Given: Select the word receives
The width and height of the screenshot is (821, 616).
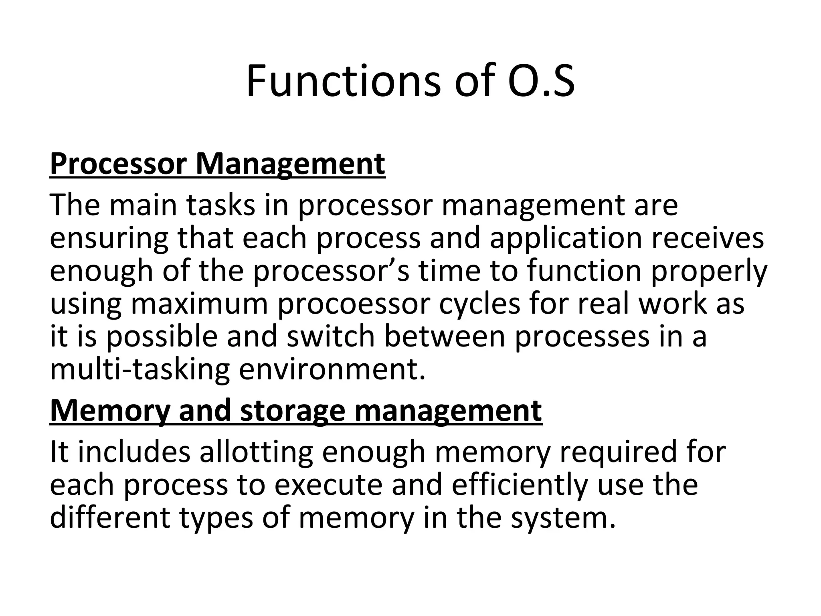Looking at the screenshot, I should coord(708,238).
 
